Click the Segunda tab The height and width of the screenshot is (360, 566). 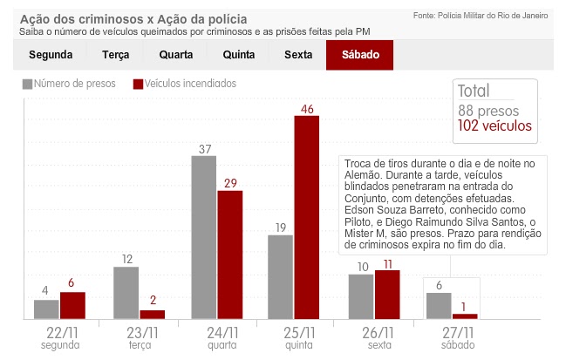51,54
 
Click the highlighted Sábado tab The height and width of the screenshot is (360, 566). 359,54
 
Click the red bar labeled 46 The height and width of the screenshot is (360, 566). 306,217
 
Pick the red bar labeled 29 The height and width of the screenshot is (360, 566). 229,255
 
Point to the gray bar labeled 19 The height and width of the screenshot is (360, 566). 280,276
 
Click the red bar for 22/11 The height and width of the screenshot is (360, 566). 72,305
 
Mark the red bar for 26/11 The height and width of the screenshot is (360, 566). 386,295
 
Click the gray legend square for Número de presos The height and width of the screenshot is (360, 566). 27,85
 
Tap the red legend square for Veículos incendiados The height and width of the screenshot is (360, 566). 138,85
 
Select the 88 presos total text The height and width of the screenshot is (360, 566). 488,111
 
